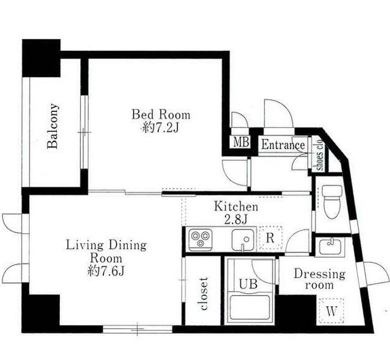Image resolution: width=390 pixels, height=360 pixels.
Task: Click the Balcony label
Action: [x=53, y=126]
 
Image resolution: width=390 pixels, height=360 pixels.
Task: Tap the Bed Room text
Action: [x=161, y=114]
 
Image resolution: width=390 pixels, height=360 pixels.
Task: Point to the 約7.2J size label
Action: [x=161, y=128]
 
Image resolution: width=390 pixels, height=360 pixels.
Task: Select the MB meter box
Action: [x=241, y=142]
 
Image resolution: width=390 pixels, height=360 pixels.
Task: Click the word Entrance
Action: [x=283, y=145]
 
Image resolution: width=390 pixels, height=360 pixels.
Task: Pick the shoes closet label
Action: [x=320, y=155]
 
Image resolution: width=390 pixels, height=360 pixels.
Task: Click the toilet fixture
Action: [x=332, y=201]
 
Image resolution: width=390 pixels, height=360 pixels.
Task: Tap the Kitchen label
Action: [x=236, y=207]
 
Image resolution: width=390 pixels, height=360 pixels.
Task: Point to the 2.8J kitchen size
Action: [x=235, y=220]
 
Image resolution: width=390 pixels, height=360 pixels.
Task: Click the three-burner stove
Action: [x=200, y=240]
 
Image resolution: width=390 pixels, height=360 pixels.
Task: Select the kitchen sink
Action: [x=243, y=240]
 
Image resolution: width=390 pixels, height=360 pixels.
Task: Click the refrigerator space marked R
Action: [x=270, y=238]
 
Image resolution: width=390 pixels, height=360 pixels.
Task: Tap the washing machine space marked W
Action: [x=331, y=311]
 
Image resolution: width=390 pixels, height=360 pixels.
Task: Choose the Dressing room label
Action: [x=320, y=279]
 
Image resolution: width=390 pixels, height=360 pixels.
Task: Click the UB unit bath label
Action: [x=248, y=283]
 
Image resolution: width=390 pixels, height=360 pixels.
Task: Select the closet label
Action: [x=204, y=294]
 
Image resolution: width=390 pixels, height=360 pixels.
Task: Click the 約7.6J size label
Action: [x=106, y=271]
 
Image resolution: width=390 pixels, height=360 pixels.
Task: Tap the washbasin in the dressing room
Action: [x=330, y=246]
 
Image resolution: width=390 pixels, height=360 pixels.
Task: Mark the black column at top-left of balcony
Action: [x=41, y=58]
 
